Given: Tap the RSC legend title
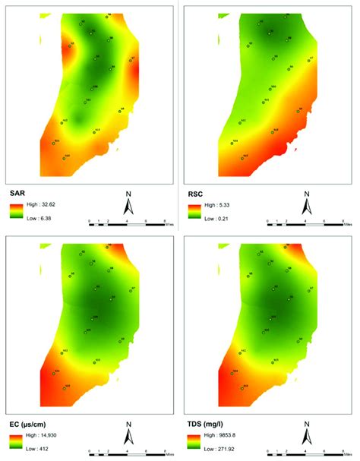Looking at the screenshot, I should tap(197, 194).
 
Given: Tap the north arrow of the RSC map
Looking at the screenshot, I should tap(308, 204).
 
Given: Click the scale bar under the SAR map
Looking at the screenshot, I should tap(129, 223).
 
